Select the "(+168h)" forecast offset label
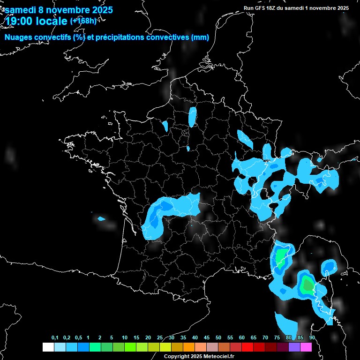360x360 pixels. coord(83,21)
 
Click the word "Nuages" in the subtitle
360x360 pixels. coord(20,37)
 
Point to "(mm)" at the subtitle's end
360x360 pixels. coord(200,37)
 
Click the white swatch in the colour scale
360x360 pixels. coord(48,347)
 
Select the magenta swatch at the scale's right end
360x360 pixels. coord(306,347)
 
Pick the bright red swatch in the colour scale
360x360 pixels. coord(247,347)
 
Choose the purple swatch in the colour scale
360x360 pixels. coord(294,347)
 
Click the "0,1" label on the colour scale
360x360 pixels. coord(55,338)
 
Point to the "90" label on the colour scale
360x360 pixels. coord(312,338)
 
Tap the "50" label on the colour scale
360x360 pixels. coord(218,338)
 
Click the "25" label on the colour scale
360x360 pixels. coord(160,338)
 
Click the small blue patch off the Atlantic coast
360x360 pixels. coord(101,218)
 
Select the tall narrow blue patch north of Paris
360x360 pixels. coord(192,117)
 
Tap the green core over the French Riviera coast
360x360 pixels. coord(281,257)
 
